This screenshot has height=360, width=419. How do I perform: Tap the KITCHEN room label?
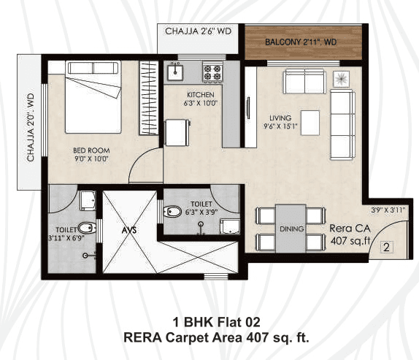point(200,96)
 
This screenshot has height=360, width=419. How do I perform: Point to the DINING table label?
point(291,229)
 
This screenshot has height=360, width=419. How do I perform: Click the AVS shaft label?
point(129,229)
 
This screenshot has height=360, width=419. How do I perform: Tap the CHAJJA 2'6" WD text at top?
point(198,31)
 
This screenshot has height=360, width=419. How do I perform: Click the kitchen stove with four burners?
point(212,72)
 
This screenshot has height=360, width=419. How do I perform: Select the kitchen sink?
point(175,72)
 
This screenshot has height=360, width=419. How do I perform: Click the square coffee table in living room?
point(310,120)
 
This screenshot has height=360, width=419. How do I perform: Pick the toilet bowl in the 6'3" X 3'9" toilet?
point(173,212)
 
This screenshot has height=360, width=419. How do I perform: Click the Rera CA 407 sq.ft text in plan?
point(351,232)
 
